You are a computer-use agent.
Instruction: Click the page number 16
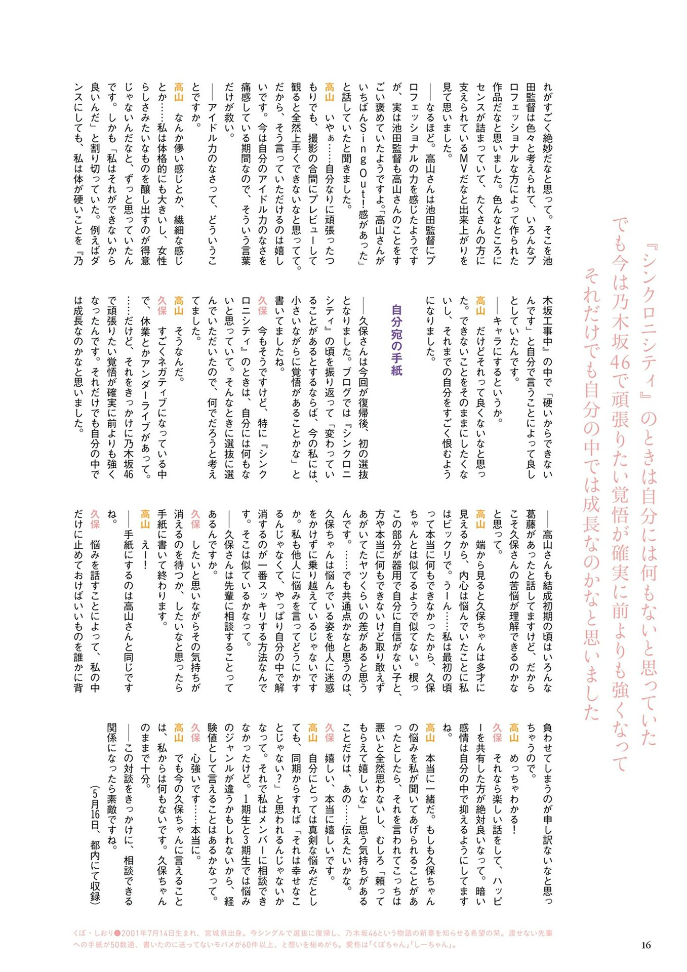pyautogui.click(x=645, y=945)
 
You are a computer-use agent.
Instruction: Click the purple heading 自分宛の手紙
pyautogui.click(x=396, y=340)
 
